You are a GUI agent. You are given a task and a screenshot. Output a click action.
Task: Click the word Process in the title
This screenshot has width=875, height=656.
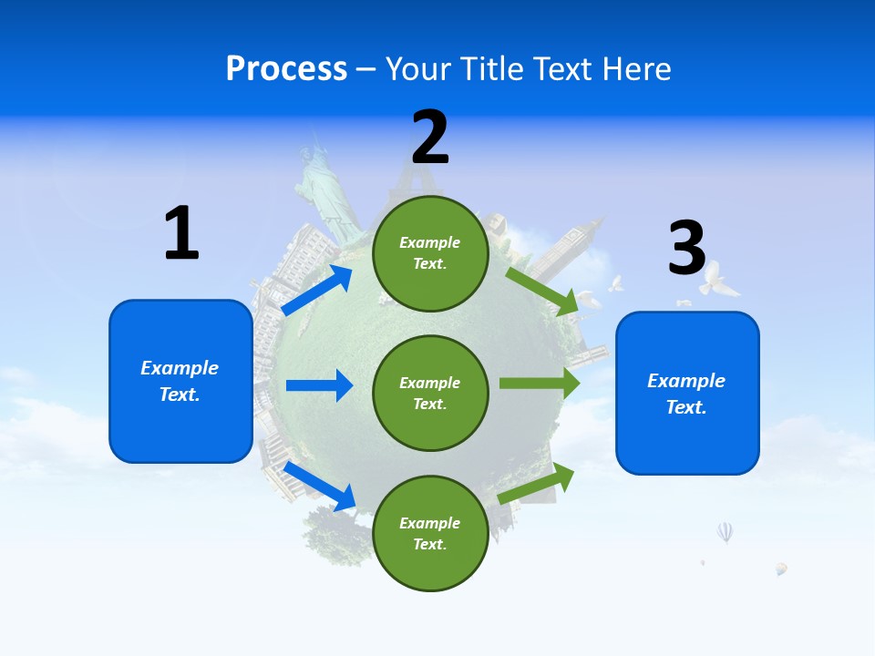[286, 69]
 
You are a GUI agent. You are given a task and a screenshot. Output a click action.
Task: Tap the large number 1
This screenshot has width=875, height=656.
[181, 233]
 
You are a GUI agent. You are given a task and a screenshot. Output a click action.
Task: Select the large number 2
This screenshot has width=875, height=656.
[430, 137]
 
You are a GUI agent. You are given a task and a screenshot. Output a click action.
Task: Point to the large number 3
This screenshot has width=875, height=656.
[686, 248]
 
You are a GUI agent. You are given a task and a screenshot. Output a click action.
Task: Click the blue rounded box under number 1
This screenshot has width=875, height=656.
[180, 381]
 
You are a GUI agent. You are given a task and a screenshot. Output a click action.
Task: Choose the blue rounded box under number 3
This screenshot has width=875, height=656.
[687, 394]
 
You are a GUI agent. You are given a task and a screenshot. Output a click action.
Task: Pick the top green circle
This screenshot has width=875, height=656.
[430, 253]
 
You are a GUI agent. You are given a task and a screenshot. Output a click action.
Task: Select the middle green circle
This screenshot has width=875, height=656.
[430, 393]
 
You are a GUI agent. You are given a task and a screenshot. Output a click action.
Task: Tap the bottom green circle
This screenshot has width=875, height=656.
[430, 533]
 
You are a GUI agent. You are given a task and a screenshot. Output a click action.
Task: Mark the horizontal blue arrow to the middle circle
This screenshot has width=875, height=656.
[319, 385]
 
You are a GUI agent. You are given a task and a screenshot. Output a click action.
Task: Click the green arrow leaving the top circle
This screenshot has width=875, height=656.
[542, 291]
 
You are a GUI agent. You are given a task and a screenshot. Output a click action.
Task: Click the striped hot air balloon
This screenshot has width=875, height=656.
[725, 531]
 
